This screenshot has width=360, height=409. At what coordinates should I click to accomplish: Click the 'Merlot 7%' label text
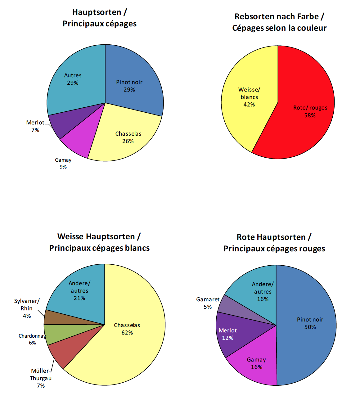[35, 126]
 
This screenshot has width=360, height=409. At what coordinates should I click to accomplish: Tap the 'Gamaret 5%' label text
[208, 303]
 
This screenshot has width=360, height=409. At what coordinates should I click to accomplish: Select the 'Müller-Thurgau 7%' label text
[41, 378]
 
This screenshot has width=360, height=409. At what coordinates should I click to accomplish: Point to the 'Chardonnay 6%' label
[32, 339]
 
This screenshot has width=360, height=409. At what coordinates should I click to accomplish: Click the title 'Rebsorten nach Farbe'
[279, 16]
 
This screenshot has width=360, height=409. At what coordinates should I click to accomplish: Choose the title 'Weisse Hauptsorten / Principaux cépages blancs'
[99, 242]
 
